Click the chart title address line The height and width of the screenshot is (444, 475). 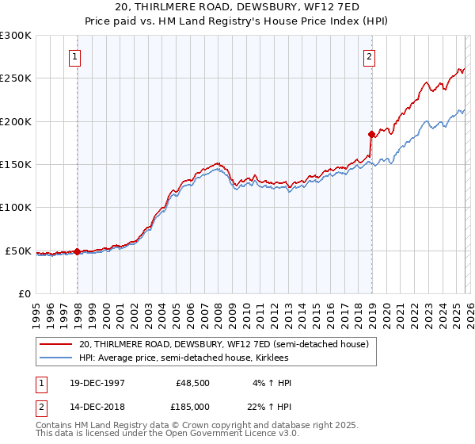click(237, 7)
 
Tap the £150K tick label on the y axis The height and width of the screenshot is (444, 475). click(16, 165)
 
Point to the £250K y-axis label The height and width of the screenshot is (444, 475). click(16, 78)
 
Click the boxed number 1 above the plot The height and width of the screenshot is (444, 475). click(75, 56)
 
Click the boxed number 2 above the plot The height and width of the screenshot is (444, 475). click(369, 56)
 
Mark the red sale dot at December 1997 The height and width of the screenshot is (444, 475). click(78, 251)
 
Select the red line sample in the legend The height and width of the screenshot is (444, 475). click(55, 345)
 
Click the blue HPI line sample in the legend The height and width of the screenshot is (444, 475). click(55, 358)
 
